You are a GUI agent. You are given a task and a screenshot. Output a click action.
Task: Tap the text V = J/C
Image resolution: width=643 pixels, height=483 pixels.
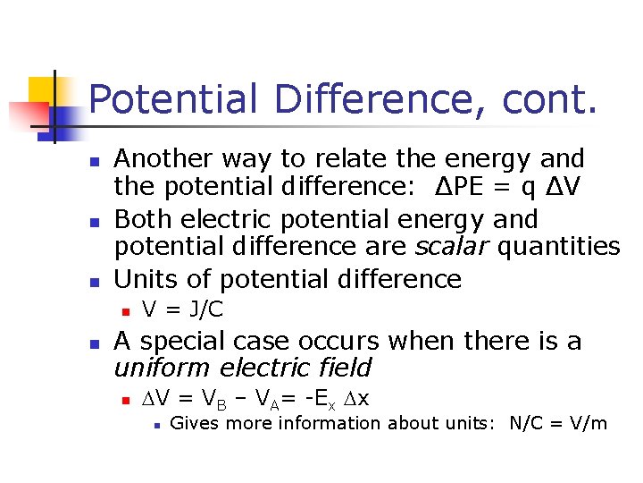tap(182, 310)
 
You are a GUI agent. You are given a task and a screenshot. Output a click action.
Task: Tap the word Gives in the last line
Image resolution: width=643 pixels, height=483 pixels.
tap(193, 423)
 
